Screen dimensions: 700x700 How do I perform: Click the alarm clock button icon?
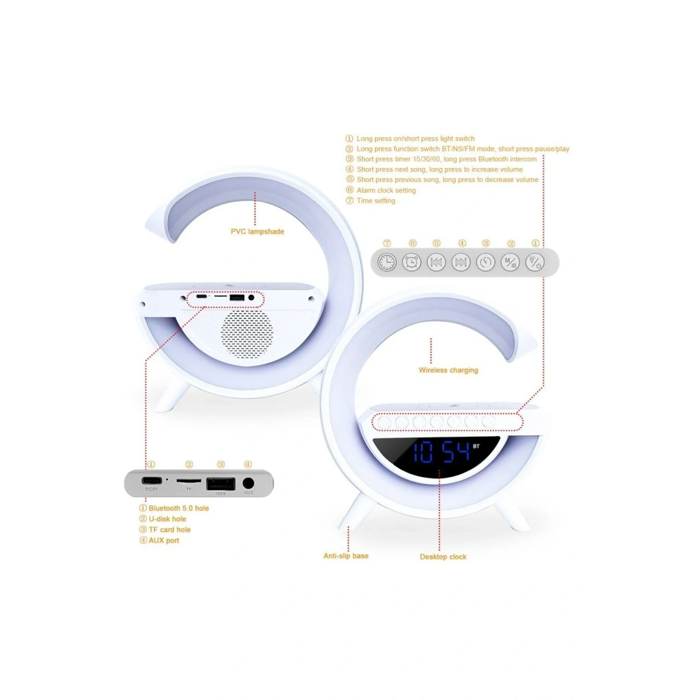tap(412, 262)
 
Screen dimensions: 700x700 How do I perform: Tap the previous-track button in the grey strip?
tap(436, 262)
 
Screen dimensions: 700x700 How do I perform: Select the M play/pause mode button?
tap(510, 262)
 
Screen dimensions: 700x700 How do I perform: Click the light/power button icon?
tap(535, 262)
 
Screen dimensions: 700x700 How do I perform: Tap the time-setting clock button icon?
tap(387, 262)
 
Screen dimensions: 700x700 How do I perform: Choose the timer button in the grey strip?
tap(485, 262)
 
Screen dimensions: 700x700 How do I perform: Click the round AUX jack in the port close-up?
tap(249, 483)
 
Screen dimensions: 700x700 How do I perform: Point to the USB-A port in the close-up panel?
tap(220, 484)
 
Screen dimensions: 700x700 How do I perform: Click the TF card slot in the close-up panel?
tap(188, 481)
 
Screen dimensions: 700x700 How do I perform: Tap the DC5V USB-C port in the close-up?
tap(151, 482)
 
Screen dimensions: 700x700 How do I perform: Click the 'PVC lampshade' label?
tap(257, 232)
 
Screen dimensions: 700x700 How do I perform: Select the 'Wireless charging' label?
tap(448, 370)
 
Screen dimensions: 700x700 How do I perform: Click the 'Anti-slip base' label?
tap(346, 556)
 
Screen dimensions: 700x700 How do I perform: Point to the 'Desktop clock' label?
tap(443, 557)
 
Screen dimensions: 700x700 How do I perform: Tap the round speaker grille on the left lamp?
tap(247, 333)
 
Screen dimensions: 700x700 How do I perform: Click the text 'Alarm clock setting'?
tap(386, 190)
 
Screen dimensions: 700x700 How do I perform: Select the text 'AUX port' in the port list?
tap(163, 541)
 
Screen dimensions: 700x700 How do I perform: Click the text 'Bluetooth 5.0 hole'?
tap(178, 508)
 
